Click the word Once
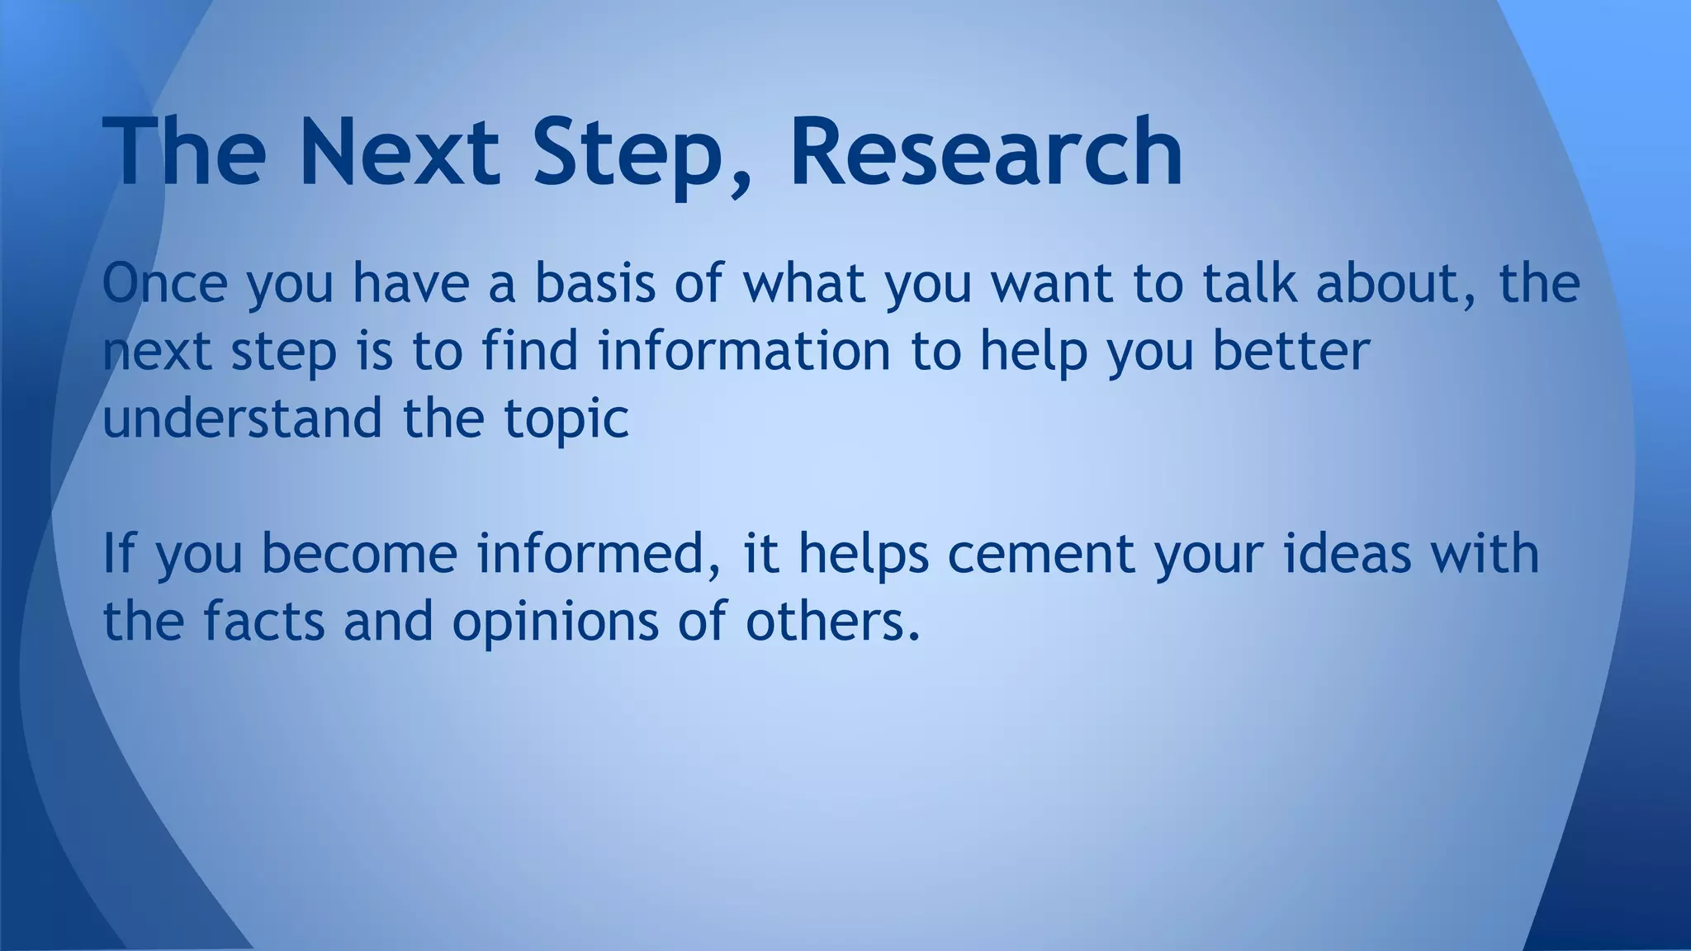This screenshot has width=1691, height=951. click(164, 282)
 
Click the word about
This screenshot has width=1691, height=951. click(1391, 282)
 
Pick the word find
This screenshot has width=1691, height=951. click(530, 350)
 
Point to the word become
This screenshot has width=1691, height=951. click(359, 553)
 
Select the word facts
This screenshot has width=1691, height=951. click(264, 621)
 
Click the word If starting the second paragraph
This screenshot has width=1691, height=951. click(117, 553)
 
